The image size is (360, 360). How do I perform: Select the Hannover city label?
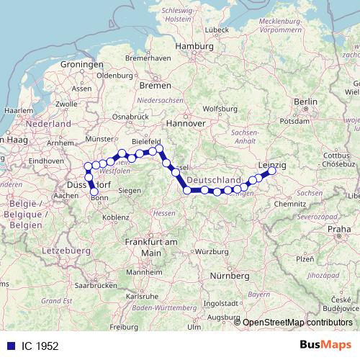coord(186,123)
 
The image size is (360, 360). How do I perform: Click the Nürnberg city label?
coord(229,276)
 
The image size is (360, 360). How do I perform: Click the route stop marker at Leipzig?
coord(273,171)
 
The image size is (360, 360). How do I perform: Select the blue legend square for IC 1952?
coord(9,346)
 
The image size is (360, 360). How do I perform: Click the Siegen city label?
coord(130,190)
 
